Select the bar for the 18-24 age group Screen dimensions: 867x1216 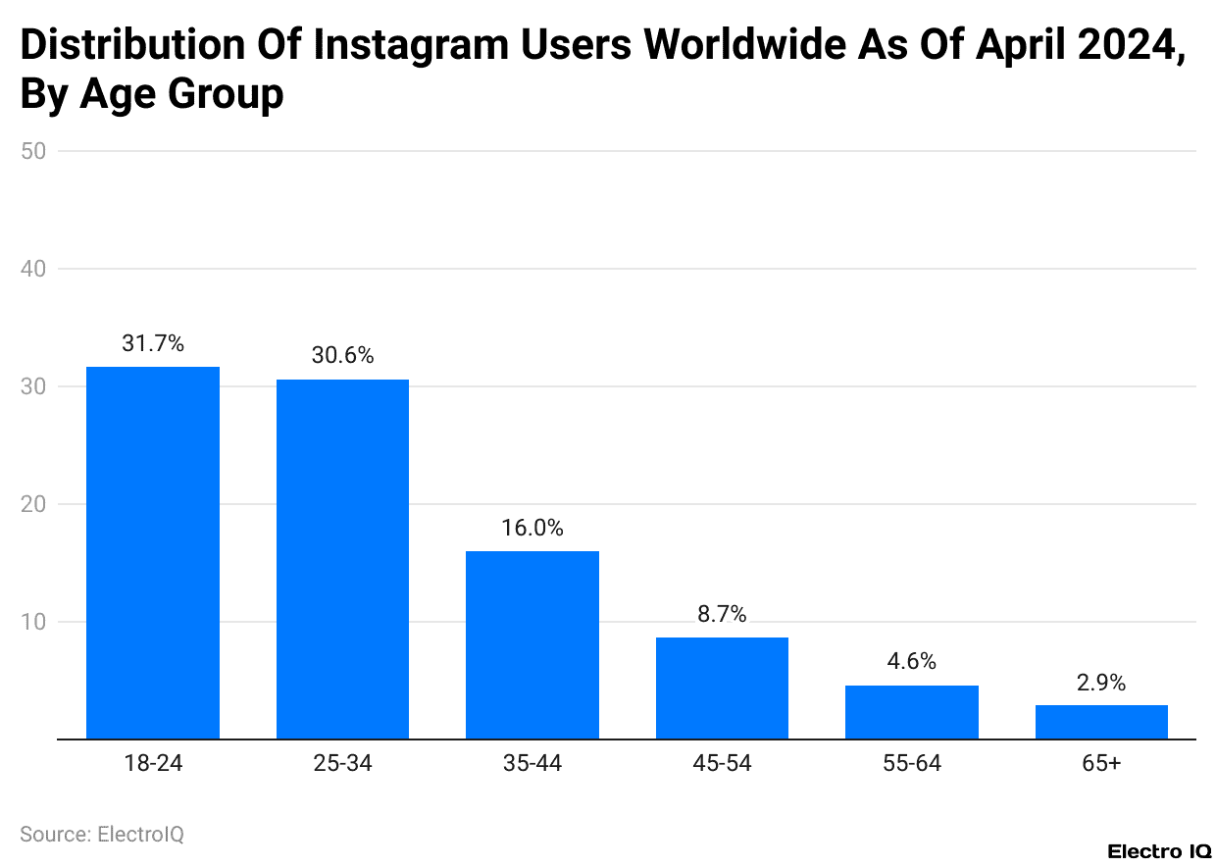tap(153, 552)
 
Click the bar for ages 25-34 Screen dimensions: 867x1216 tap(342, 559)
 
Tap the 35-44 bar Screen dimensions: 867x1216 tap(532, 644)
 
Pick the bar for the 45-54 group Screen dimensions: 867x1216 tap(722, 688)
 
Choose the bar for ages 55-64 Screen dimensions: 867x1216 tap(911, 712)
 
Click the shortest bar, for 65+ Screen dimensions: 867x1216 tap(1101, 722)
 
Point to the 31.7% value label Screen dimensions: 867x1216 tap(153, 343)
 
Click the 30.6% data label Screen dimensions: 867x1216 tap(342, 356)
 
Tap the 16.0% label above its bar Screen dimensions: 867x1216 tap(532, 528)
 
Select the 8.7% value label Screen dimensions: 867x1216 tap(722, 614)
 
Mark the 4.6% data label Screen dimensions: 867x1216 tap(911, 662)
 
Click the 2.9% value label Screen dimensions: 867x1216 tap(1101, 683)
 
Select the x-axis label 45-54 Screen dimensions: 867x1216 tap(722, 764)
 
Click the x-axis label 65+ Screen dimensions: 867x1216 tap(1101, 764)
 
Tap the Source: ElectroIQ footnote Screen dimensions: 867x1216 tap(102, 835)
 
